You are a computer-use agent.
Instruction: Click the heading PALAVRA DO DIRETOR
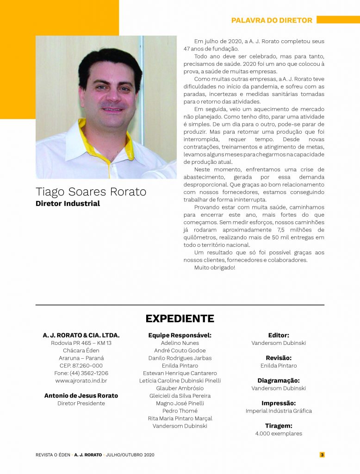(x=272, y=20)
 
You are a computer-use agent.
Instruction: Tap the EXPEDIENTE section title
(x=180, y=318)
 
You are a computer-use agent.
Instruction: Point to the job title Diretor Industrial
(x=68, y=204)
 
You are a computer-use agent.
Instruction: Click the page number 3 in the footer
(x=322, y=455)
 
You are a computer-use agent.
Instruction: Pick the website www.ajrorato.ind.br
(x=81, y=380)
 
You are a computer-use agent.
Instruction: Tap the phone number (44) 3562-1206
(x=81, y=373)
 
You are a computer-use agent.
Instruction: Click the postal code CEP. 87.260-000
(x=81, y=366)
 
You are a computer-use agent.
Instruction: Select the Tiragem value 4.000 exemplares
(x=279, y=434)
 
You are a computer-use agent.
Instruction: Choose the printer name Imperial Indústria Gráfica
(x=279, y=411)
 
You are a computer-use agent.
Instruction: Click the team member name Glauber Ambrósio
(x=180, y=388)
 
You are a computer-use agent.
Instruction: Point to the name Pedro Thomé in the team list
(x=180, y=411)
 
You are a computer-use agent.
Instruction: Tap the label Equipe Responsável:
(x=180, y=335)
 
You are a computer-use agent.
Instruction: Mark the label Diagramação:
(x=279, y=380)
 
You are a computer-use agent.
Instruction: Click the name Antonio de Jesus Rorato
(x=81, y=396)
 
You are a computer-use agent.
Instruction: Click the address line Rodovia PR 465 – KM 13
(x=81, y=343)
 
